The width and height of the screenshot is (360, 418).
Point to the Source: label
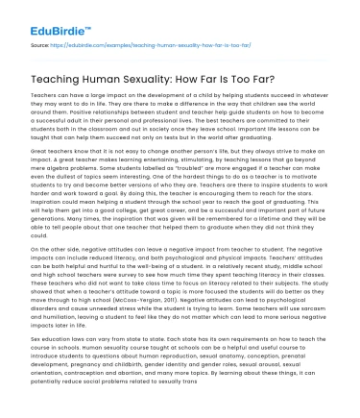point(39,44)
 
